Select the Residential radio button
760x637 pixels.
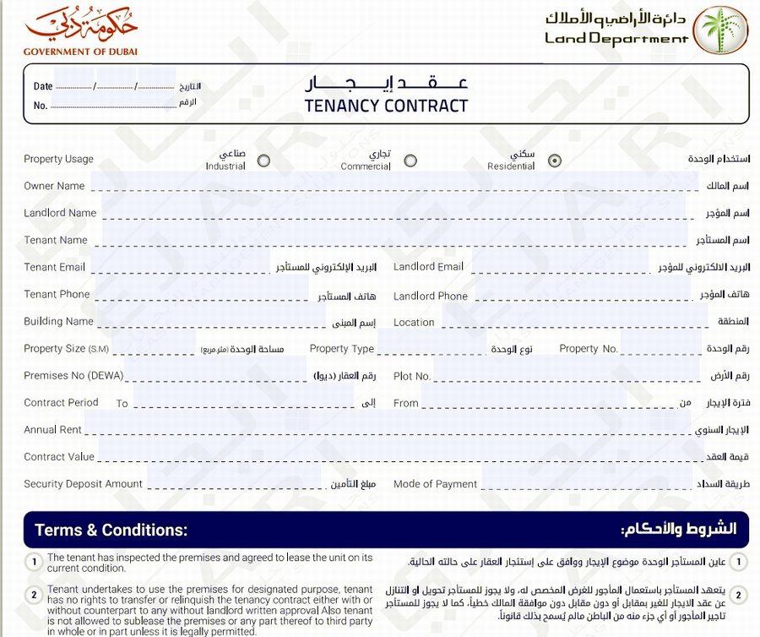pyautogui.click(x=555, y=161)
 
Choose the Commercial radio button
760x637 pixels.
pyautogui.click(x=410, y=161)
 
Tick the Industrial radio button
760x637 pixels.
pyautogui.click(x=263, y=161)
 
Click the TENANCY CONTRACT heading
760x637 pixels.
pyautogui.click(x=386, y=106)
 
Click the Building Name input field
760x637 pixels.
pyautogui.click(x=211, y=320)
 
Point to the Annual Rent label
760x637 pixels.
pyautogui.click(x=52, y=429)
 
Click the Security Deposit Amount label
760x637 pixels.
pyautogui.click(x=83, y=484)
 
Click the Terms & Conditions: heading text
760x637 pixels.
pyautogui.click(x=111, y=531)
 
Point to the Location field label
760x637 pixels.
pyautogui.click(x=414, y=322)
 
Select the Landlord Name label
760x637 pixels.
pyautogui.click(x=60, y=213)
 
